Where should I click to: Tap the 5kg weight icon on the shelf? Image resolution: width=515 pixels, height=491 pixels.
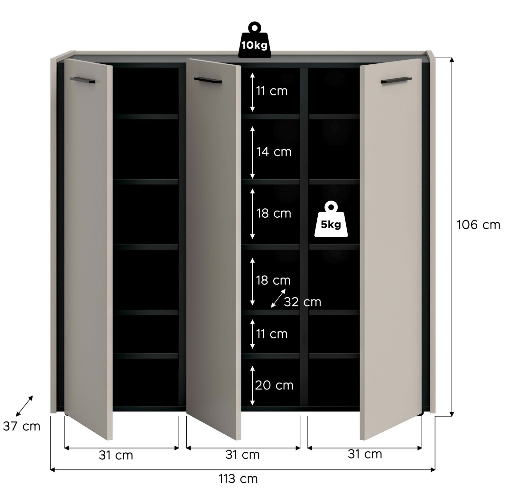(x=331, y=220)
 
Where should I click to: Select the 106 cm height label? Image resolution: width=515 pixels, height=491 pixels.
(x=478, y=225)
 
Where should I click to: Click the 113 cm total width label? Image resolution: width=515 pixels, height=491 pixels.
(x=238, y=479)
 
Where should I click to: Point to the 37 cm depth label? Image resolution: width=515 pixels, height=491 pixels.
(x=22, y=426)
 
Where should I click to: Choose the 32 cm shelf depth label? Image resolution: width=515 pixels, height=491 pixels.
(x=303, y=302)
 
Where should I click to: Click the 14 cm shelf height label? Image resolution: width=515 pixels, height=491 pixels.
(x=274, y=152)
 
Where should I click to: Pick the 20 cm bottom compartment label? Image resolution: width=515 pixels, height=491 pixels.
(x=274, y=385)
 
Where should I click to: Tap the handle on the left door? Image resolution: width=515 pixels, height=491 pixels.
(x=83, y=80)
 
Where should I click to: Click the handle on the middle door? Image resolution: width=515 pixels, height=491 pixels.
(x=208, y=80)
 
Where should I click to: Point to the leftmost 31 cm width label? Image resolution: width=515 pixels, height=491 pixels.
(x=116, y=455)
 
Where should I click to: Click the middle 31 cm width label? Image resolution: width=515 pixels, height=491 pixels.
(x=242, y=455)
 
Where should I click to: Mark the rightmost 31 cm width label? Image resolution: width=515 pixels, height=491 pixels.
(x=365, y=454)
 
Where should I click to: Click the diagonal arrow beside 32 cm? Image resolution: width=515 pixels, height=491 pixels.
(x=278, y=298)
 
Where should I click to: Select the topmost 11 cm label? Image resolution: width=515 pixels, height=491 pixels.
(x=272, y=91)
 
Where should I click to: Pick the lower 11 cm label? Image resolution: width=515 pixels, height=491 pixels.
(x=272, y=334)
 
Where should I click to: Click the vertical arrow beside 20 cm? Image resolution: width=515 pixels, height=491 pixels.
(x=253, y=385)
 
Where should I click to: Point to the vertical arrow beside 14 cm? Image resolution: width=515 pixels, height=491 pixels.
(x=252, y=152)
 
